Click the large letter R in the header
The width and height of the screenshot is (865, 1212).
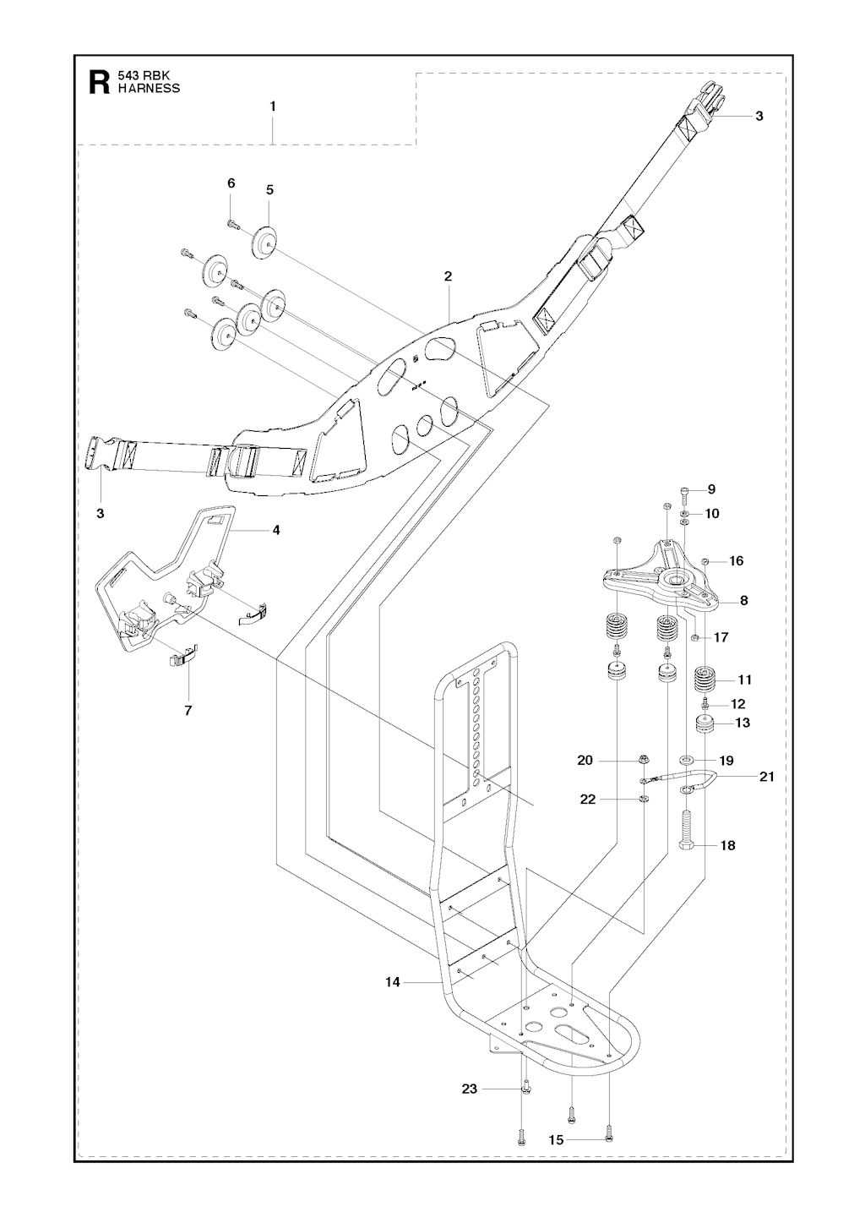point(98,82)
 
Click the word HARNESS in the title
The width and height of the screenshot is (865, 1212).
point(149,88)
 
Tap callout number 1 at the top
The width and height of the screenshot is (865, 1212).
point(273,106)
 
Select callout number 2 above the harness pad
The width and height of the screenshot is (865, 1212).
point(448,276)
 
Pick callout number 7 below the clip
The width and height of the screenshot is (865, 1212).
point(188,710)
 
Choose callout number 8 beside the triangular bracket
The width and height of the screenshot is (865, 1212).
point(743,601)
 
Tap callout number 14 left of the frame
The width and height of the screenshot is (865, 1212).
point(391,982)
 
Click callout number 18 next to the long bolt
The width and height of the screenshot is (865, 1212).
point(727,845)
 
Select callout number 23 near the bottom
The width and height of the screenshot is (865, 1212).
point(470,1089)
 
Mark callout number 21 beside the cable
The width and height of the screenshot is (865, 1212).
point(766,777)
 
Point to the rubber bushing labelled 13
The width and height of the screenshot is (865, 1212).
point(704,724)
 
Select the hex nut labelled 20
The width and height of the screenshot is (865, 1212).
point(642,760)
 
